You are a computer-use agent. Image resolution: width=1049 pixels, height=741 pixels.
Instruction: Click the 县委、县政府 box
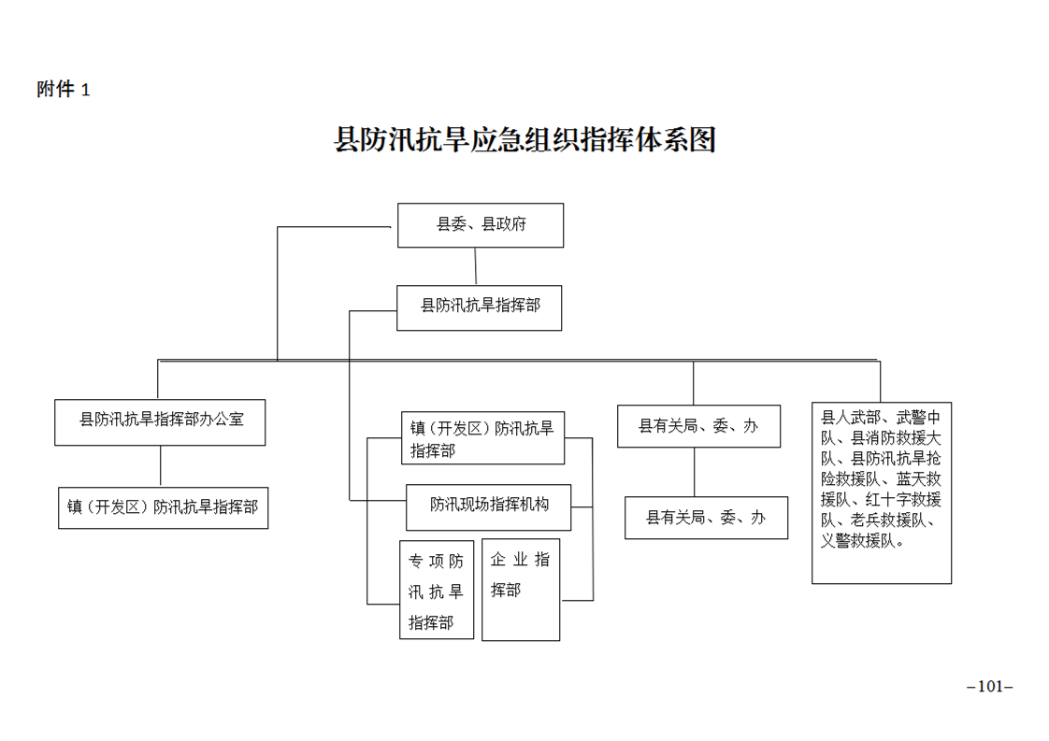point(481,225)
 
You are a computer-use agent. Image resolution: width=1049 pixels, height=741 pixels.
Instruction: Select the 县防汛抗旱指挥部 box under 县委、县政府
point(479,307)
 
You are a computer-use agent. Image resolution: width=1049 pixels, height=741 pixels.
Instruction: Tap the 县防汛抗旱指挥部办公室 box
point(160,422)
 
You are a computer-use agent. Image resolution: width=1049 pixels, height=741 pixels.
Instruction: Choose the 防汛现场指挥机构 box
point(488,507)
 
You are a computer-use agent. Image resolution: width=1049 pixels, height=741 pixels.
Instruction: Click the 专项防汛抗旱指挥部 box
point(437,590)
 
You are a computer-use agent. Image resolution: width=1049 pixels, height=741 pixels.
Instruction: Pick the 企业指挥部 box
point(521,590)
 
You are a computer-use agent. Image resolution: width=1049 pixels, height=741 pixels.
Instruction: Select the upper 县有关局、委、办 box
point(698,426)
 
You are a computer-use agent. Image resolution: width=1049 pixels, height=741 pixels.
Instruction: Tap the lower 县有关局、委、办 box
point(706,518)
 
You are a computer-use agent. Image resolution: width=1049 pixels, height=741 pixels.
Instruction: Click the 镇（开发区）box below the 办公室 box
point(164,508)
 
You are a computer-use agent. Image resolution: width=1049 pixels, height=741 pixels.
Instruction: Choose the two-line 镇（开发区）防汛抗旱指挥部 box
point(482,438)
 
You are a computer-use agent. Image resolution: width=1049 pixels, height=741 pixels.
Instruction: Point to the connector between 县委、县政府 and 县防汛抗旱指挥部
point(476,267)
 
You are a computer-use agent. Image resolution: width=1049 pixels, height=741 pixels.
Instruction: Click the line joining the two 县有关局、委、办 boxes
point(695,472)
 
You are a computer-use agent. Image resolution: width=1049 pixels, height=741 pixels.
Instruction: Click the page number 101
point(990,687)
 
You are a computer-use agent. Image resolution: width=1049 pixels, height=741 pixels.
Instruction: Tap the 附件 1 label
point(64,89)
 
